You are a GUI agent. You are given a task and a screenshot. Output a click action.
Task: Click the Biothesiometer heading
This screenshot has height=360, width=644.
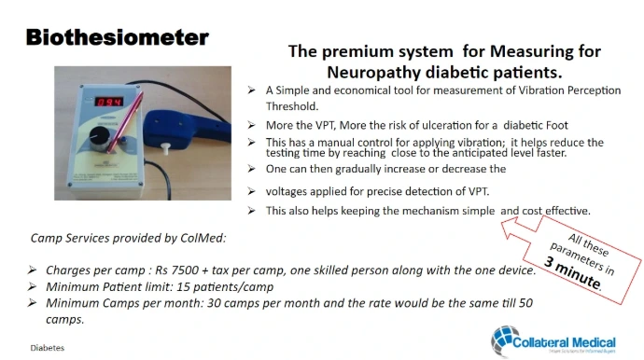coord(118,37)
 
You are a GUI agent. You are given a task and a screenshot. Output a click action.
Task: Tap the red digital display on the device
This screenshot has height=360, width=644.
coord(109,102)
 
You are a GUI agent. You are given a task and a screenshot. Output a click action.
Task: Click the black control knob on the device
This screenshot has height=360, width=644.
coord(100,137)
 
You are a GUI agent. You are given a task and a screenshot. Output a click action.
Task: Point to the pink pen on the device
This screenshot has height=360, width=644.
coord(125,122)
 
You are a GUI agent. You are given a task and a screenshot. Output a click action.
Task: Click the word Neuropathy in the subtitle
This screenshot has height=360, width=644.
coord(373,73)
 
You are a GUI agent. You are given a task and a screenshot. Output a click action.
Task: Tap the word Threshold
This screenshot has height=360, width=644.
coord(292,106)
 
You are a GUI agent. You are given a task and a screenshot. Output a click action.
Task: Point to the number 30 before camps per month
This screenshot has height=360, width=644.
coord(214,303)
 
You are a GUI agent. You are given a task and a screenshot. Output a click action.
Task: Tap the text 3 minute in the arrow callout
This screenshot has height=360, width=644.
coord(572,274)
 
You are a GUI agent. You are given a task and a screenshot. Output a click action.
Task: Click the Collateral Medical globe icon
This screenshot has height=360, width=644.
coord(504,340)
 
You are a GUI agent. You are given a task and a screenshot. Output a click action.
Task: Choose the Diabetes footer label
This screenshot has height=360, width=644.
coord(48,348)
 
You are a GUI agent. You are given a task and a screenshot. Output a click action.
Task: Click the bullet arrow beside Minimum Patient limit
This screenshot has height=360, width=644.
coord(32,286)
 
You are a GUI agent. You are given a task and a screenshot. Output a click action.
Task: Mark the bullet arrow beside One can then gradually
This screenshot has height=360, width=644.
coord(251,168)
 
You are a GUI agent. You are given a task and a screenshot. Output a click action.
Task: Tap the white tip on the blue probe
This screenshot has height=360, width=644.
coord(165,148)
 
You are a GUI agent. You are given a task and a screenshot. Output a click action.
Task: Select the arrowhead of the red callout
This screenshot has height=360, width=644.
coord(511,227)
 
